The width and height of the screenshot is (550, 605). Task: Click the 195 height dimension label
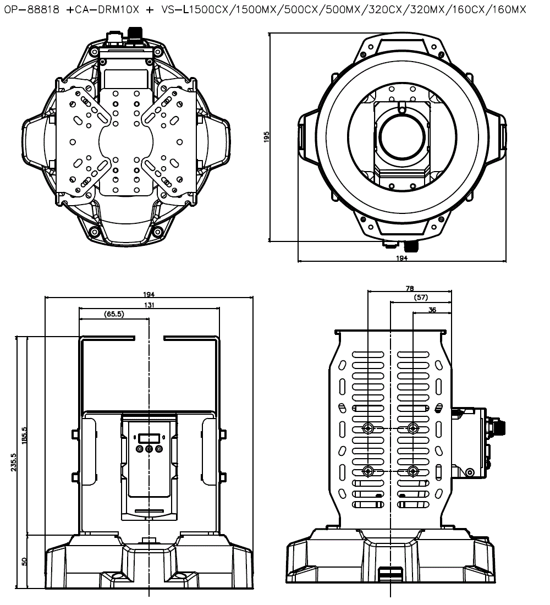266,136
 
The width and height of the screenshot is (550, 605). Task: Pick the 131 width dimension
149,305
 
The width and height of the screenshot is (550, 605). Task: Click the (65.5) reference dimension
114,314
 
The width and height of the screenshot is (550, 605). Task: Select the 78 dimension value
409,288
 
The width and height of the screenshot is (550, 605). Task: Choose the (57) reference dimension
421,298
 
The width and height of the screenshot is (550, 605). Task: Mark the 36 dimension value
432,310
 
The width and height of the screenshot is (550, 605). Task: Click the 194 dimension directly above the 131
149,295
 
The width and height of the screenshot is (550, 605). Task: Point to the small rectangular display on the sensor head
149,438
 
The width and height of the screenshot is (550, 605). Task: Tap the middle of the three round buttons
149,449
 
